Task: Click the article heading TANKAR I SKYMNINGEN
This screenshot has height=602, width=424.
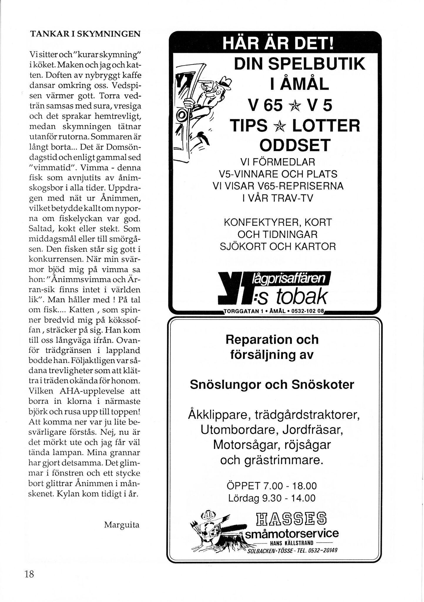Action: [x=85, y=34]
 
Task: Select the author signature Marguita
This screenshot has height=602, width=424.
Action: [x=122, y=525]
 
